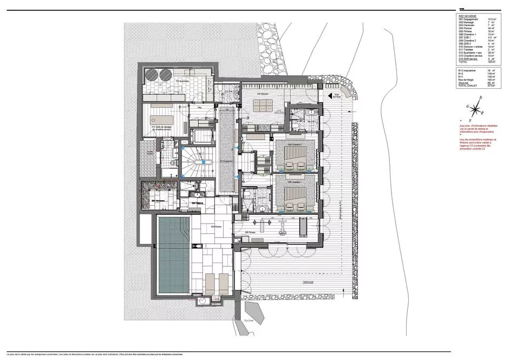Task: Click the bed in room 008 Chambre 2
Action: click(295, 158)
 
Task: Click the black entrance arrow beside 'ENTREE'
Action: click(329, 95)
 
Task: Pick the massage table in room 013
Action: click(163, 117)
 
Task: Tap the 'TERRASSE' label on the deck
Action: click(295, 283)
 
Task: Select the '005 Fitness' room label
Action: click(250, 232)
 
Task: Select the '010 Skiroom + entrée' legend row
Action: click(469, 47)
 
